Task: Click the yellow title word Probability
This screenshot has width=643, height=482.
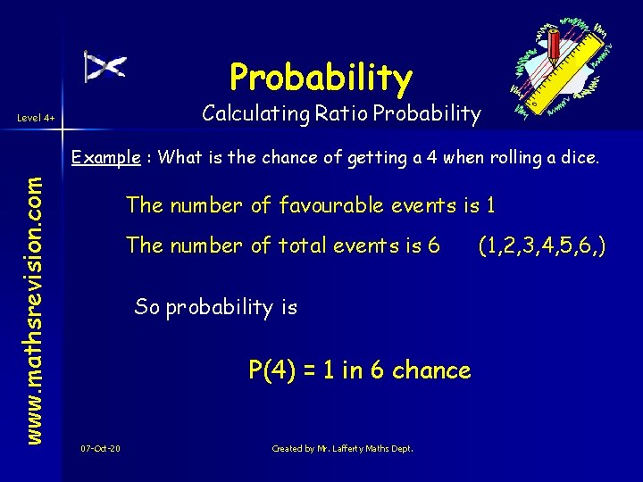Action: click(x=321, y=78)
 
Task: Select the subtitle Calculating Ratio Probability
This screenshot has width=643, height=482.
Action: click(x=341, y=114)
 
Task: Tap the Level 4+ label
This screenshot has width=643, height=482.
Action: click(x=37, y=118)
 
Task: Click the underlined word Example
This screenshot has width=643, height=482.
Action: click(x=105, y=158)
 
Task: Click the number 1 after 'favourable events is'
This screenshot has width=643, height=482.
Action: click(x=489, y=205)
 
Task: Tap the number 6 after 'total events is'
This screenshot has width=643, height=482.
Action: click(x=434, y=245)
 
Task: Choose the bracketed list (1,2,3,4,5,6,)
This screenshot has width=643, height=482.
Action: click(x=542, y=245)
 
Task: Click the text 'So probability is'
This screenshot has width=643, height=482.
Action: click(x=215, y=307)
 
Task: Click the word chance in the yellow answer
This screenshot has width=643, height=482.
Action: click(x=431, y=370)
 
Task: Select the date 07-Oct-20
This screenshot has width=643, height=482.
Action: click(x=100, y=448)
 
